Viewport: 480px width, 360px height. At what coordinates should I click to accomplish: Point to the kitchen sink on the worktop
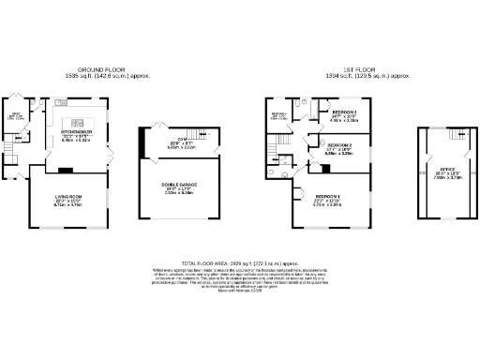pos(59,100)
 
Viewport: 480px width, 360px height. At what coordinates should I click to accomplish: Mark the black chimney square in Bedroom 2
pos(313,168)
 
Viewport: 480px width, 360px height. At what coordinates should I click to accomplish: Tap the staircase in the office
pos(462,142)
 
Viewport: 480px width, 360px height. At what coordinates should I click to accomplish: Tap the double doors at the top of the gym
pos(155,131)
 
